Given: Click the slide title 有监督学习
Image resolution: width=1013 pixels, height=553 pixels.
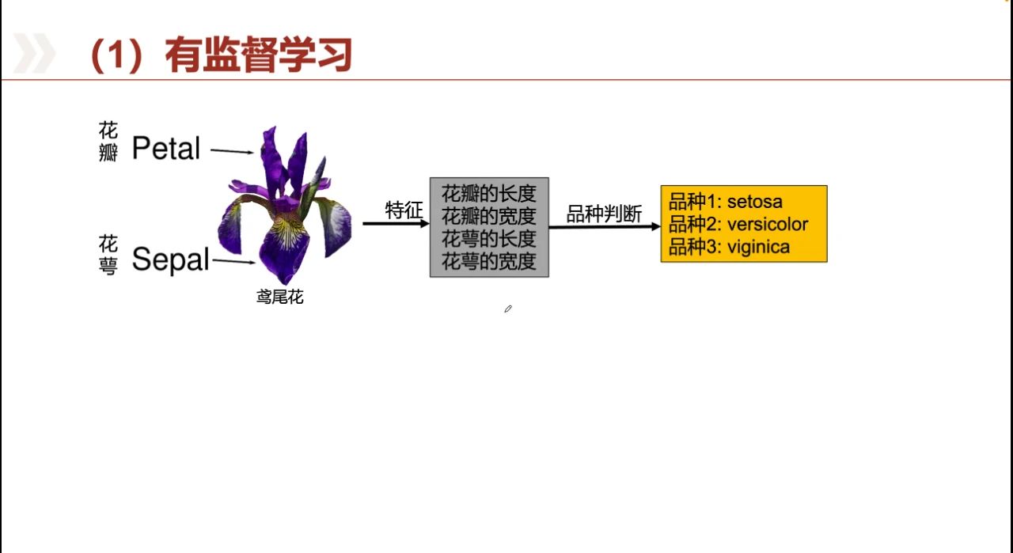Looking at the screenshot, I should (x=257, y=55).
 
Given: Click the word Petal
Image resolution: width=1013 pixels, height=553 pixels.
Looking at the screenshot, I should (x=166, y=148).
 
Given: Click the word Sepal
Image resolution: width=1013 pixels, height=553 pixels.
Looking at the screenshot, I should (x=170, y=259).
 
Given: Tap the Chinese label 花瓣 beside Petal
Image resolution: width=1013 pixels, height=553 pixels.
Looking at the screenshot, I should (x=108, y=142).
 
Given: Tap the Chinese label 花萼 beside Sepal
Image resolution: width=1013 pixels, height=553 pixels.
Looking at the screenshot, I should (x=108, y=255).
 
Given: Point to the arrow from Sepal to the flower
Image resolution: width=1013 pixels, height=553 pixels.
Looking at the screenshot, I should (x=234, y=262).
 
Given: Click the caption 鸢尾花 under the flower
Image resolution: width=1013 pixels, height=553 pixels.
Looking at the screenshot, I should (x=279, y=298).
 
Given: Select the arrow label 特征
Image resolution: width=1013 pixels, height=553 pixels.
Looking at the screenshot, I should (x=404, y=210).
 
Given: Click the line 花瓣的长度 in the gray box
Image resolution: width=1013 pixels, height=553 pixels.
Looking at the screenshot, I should (x=489, y=194).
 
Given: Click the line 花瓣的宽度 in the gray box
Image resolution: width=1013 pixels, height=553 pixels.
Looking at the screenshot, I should (x=489, y=216).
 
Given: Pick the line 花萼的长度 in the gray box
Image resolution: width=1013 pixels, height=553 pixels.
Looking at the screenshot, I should (x=489, y=238).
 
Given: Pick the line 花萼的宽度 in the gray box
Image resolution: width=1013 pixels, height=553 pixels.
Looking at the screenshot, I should (x=489, y=261).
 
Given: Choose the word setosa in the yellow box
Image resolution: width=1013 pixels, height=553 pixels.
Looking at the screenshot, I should (x=755, y=202).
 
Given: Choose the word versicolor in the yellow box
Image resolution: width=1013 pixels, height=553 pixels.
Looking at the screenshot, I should (x=768, y=224).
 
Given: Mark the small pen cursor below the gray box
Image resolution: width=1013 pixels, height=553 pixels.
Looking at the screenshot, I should (x=508, y=309).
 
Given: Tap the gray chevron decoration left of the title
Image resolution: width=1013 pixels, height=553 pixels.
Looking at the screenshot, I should (x=34, y=55).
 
